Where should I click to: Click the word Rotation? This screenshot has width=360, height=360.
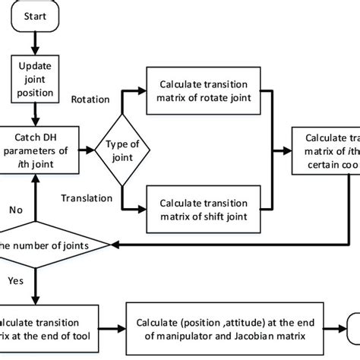click(90, 99)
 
